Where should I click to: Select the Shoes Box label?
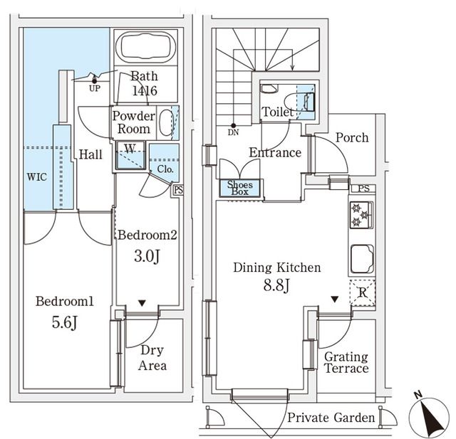[240, 188]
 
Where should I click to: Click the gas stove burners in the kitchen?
[361, 215]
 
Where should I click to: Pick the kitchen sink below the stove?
[361, 258]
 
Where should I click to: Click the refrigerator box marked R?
[363, 292]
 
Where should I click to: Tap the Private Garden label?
[331, 418]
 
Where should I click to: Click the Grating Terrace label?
[346, 362]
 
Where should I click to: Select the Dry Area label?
[152, 358]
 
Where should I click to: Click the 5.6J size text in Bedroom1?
[64, 322]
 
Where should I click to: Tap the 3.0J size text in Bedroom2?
[147, 255]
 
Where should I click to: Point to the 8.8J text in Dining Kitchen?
[277, 285]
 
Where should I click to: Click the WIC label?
[37, 177]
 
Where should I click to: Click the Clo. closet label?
[164, 169]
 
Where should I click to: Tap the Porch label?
[352, 137]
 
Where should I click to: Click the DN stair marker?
[234, 132]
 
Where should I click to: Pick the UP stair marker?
[95, 89]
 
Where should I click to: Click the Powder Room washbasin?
[165, 122]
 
